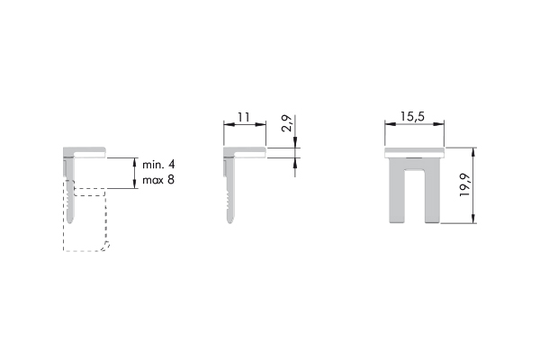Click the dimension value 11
click(x=243, y=118)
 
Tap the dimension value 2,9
click(x=286, y=123)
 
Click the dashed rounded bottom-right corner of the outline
click(x=107, y=246)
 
